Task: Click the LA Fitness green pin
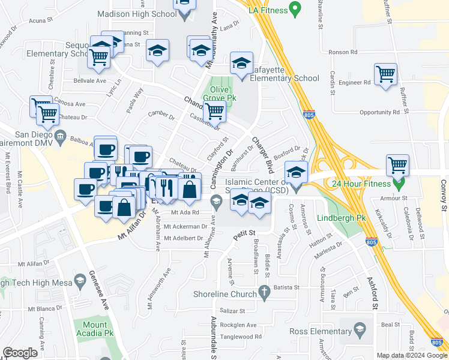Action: coord(294,8)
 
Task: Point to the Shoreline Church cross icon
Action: coord(263,293)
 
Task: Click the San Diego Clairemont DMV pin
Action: coord(61,138)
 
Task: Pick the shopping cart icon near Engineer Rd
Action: coord(385,74)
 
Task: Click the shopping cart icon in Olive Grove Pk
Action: coord(214,111)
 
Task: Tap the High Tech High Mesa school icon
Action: coord(79,281)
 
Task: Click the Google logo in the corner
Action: coord(20,353)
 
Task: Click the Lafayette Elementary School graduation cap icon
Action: coord(241,64)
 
